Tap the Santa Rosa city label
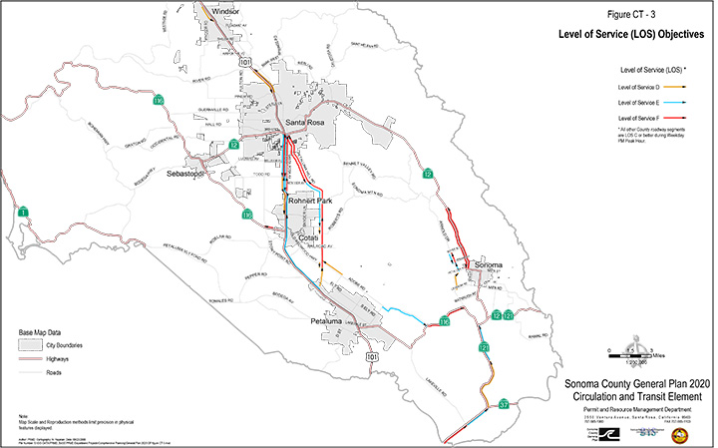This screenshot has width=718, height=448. point(305,123)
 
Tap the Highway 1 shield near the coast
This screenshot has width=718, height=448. point(22,212)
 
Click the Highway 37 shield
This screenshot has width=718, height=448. point(505,404)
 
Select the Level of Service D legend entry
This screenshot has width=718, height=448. point(640,88)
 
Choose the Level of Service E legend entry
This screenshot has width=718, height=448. point(640,103)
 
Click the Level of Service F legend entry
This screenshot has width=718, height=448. point(640,119)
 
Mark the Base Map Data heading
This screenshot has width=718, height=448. point(47,331)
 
